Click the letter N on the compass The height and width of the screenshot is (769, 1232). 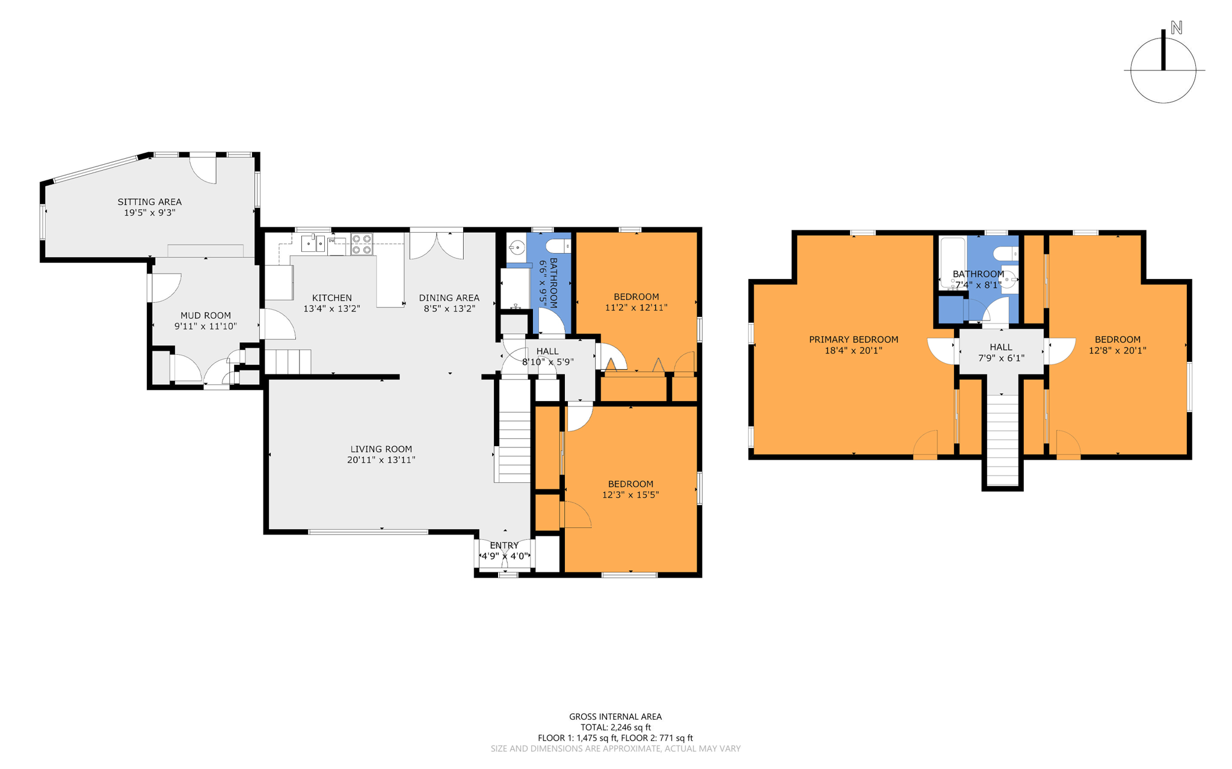[1176, 28]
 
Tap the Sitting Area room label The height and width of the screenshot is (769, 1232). [149, 202]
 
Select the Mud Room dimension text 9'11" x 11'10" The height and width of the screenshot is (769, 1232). [206, 326]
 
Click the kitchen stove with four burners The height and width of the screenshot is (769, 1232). [362, 244]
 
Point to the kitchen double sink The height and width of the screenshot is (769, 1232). [313, 244]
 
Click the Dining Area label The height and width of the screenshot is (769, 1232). [449, 298]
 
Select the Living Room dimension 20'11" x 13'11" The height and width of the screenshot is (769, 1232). [381, 460]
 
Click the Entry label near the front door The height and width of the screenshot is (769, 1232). [504, 545]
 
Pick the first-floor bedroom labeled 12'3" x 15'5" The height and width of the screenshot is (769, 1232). [630, 489]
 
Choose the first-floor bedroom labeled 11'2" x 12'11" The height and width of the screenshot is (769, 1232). [636, 302]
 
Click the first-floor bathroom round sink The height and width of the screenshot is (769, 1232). [517, 247]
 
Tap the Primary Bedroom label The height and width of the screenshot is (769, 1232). [854, 340]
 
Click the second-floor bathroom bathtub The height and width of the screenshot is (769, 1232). [953, 263]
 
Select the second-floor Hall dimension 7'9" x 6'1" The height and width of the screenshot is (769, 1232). [1001, 358]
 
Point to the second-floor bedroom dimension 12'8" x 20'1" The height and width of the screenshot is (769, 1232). [1118, 351]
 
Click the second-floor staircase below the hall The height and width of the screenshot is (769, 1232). [1002, 440]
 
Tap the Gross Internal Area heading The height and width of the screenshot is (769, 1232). [615, 717]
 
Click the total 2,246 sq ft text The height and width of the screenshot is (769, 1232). [615, 728]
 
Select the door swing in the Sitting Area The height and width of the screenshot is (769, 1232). [203, 170]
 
